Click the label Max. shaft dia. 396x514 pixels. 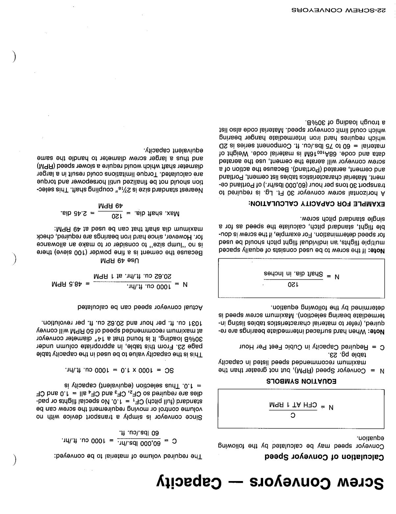tap(158, 214)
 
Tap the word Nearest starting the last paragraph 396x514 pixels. tap(192, 190)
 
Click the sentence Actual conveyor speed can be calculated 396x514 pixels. tap(140, 307)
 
